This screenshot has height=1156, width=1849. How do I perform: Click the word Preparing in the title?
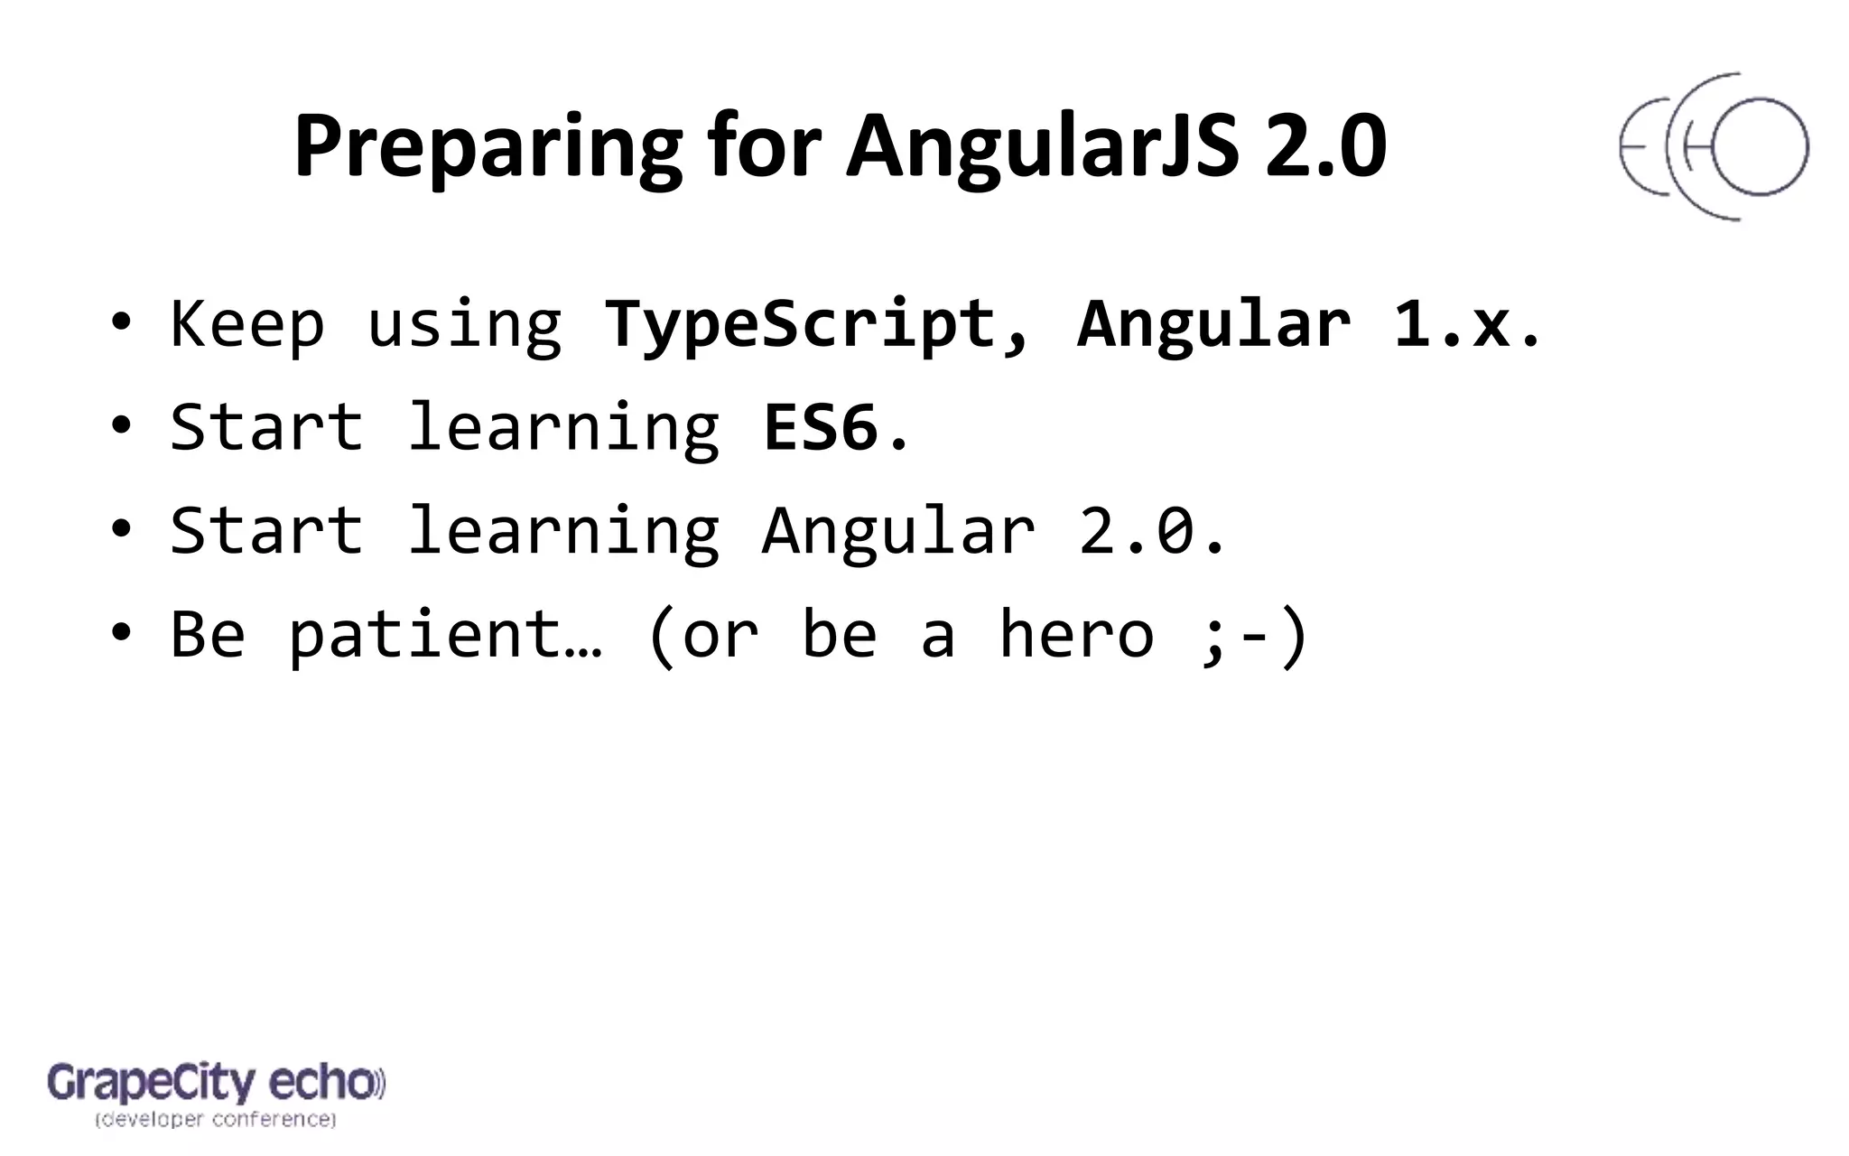click(x=488, y=147)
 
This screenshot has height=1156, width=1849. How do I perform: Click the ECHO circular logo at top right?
click(x=1713, y=147)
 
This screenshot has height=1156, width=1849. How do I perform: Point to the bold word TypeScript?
click(x=800, y=323)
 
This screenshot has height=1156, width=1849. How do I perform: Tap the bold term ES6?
click(x=820, y=426)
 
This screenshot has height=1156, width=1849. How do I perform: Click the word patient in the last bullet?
click(x=424, y=634)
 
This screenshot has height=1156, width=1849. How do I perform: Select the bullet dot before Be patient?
click(x=121, y=633)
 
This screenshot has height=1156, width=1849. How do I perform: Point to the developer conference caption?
click(x=215, y=1120)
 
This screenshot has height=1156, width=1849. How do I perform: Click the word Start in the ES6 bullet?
click(x=266, y=426)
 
